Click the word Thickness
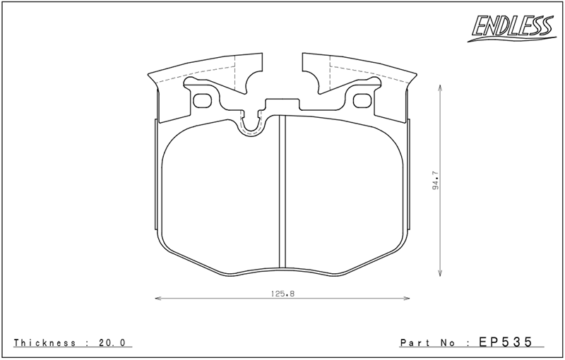coord(44,342)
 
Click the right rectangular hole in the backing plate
coord(362,100)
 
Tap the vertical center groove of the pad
coord(282,191)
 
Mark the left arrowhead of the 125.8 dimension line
coord(157,299)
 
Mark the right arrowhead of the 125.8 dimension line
coord(408,299)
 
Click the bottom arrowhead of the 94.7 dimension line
coord(441,273)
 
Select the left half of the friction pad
coord(219,198)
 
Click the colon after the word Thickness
coord(87,342)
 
